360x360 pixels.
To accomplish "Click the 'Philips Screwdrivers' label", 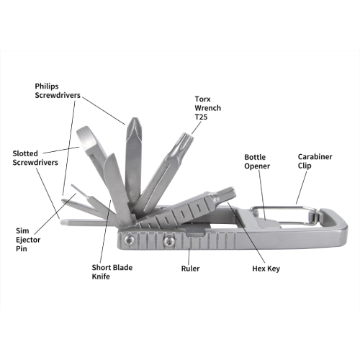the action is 58,91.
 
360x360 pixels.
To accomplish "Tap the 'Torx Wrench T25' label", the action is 207,108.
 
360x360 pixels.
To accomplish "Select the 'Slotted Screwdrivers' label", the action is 35,158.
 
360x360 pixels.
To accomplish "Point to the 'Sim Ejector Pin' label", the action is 28,240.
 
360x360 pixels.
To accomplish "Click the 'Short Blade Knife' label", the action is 112,271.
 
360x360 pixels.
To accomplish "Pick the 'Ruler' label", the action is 190,269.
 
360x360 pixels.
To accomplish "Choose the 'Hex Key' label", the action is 266,269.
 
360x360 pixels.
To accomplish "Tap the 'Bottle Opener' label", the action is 257,161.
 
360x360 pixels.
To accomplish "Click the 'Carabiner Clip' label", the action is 315,161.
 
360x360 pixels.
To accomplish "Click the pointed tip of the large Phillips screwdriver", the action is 134,119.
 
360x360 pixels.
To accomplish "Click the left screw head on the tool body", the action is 130,240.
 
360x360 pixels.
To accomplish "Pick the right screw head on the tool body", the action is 169,241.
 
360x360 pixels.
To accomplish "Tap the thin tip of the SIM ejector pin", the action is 73,186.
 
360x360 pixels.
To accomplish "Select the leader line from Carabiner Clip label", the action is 302,187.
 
